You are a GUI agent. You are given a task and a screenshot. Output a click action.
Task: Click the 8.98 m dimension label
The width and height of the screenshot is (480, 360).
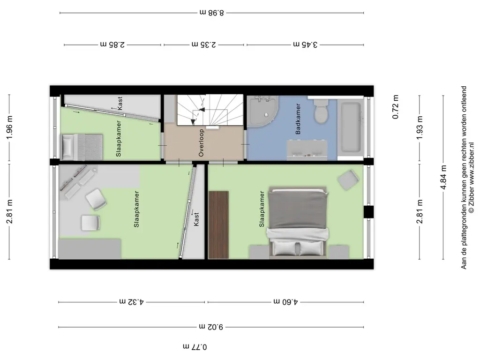(x=212, y=13)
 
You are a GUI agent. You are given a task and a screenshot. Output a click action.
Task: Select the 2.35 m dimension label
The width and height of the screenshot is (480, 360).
(x=204, y=45)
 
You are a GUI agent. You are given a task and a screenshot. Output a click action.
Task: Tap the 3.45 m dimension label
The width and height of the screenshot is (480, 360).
(x=305, y=45)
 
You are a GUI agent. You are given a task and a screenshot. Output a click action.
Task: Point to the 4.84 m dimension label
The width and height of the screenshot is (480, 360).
(x=443, y=177)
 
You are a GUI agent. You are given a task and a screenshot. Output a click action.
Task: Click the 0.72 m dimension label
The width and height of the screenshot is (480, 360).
(x=395, y=107)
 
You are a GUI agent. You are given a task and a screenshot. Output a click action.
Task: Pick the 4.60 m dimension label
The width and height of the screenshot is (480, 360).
(x=285, y=302)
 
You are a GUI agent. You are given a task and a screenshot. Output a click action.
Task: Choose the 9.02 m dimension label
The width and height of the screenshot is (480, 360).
(x=211, y=327)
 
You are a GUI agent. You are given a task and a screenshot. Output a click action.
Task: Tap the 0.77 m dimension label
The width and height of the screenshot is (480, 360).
(x=195, y=347)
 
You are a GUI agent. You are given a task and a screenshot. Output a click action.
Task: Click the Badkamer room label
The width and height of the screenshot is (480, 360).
(x=298, y=119)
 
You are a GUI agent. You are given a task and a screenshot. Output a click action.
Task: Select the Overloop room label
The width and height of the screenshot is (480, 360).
(x=201, y=143)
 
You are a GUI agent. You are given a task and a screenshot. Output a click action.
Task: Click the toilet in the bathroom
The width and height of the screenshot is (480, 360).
(x=321, y=111)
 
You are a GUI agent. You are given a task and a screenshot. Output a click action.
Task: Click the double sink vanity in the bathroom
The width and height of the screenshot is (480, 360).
(x=307, y=150)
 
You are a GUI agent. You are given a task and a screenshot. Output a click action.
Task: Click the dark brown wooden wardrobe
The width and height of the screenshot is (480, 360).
(x=218, y=225)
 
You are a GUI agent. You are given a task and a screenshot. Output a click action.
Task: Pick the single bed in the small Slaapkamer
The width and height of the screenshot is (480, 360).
(x=82, y=147)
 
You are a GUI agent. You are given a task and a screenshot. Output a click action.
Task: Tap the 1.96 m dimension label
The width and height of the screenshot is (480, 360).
(x=9, y=127)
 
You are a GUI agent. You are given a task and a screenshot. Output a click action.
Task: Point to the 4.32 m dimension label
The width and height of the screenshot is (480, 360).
(x=132, y=302)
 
